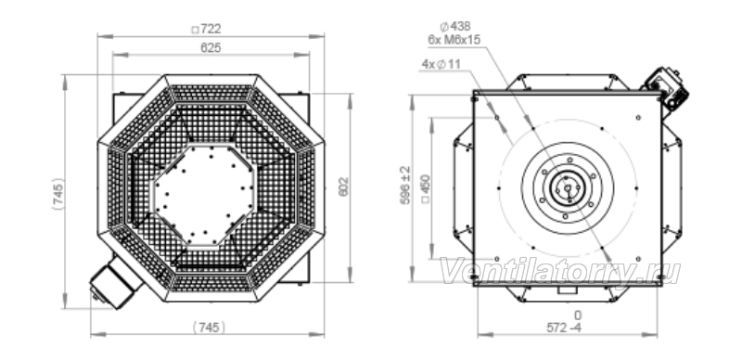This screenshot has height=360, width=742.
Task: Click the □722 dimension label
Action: point(206,30)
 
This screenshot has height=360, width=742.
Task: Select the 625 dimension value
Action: point(211,48)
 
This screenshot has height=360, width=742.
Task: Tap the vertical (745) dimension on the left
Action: point(58,194)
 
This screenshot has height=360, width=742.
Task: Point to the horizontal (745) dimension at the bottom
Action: point(210,328)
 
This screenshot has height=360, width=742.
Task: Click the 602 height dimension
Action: point(343,186)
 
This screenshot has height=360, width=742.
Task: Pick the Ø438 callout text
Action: point(455,27)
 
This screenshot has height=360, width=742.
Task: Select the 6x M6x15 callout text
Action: point(454,40)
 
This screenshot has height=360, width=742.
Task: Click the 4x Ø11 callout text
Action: point(441,64)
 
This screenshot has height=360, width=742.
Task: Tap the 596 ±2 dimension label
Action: point(405,186)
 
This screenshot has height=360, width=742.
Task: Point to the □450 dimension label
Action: point(426,188)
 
